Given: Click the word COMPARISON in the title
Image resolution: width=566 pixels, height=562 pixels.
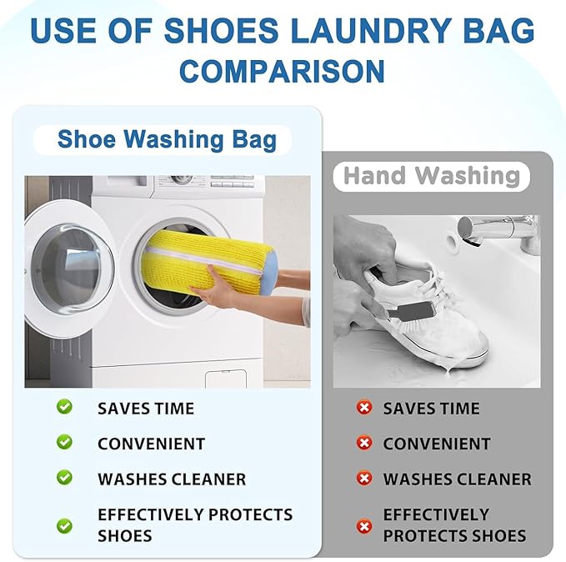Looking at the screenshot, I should click(282, 69).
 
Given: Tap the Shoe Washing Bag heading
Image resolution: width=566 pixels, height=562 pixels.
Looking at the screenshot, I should click(167, 138).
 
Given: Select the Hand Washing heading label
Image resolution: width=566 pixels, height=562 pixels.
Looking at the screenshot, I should click(431, 176).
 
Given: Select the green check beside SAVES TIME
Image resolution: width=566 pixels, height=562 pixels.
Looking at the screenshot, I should click(64, 407).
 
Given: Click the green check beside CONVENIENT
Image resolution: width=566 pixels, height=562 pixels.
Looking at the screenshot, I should click(64, 442).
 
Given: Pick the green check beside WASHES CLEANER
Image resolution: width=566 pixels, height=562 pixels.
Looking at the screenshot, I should click(64, 478).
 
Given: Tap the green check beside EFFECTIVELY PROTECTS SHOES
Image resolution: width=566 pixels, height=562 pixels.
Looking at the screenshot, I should click(64, 525).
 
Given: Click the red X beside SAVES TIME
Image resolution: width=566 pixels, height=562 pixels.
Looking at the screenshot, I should click(363, 408).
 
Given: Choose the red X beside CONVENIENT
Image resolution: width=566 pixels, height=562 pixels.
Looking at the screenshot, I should click(363, 443).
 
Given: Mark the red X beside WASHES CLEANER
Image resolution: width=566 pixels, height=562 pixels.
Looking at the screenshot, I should click(363, 479).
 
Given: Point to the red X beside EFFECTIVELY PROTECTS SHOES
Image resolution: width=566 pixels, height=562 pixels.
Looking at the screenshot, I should click(363, 526).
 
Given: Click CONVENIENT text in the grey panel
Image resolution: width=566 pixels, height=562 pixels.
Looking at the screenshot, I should click(437, 444).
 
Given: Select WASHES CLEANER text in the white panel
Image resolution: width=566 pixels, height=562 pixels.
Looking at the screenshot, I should click(172, 479).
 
